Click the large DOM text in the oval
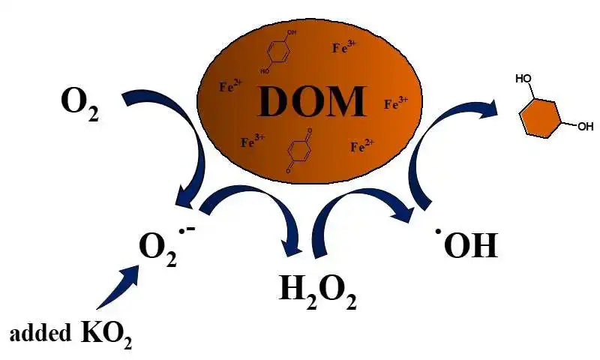[x=311, y=101]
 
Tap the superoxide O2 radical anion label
[x=167, y=247]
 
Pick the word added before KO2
[x=40, y=333]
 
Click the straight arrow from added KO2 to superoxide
[x=118, y=288]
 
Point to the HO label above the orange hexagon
[x=523, y=79]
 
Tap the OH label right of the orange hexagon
[x=586, y=126]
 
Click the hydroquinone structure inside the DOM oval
[x=278, y=52]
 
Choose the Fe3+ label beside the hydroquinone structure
[x=344, y=47]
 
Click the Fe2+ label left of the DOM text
[x=231, y=86]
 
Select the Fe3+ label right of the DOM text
[x=396, y=103]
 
